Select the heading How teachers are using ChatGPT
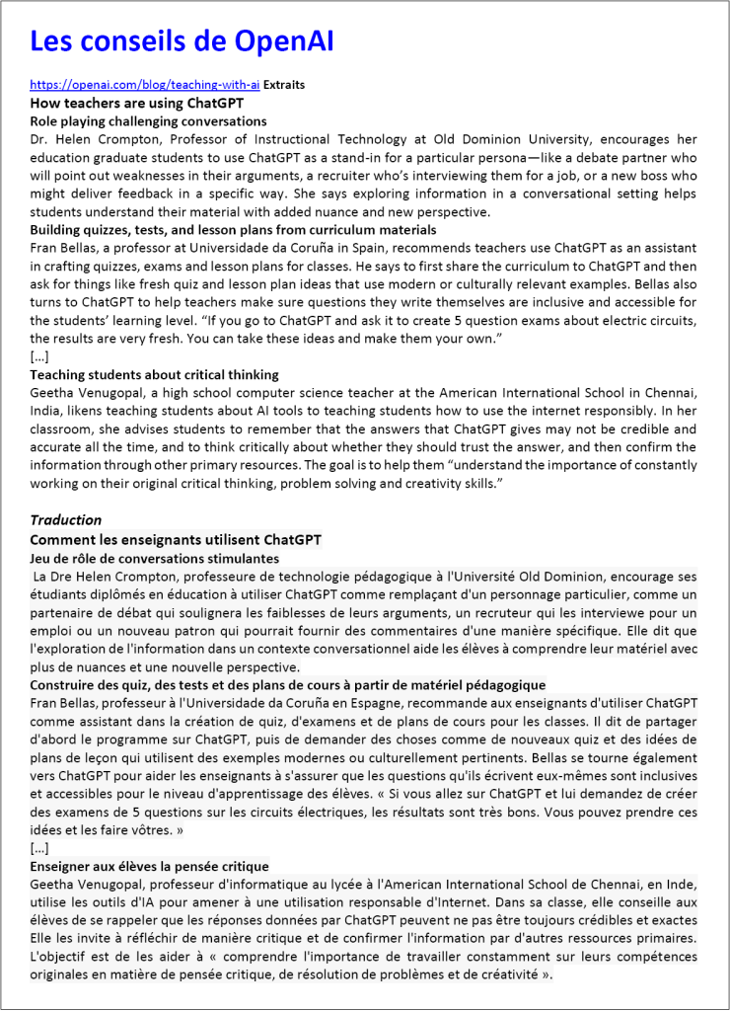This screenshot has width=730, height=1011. coord(136,103)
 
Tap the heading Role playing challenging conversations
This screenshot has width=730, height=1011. coord(148,120)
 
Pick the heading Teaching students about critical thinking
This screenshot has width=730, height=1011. coord(154,375)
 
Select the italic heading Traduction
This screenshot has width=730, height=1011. coord(65,520)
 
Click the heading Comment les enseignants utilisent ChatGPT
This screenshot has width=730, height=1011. coord(176,540)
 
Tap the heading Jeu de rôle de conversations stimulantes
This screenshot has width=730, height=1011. coord(154,558)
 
